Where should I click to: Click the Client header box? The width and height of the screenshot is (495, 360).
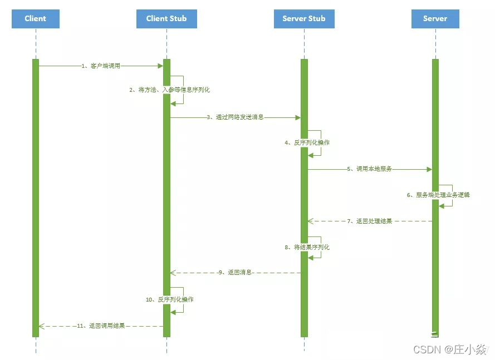(36, 19)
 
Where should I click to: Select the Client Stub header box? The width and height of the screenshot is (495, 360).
(166, 19)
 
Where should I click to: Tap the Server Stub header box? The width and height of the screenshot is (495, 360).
(304, 19)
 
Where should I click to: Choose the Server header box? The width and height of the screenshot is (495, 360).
(435, 19)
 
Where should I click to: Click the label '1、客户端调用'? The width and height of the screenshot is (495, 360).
(101, 66)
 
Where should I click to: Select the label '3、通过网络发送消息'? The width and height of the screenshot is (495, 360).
(235, 117)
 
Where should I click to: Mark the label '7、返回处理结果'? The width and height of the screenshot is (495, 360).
(370, 221)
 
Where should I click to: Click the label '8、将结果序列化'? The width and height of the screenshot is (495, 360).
(307, 247)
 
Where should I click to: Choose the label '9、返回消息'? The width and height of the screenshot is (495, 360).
(235, 273)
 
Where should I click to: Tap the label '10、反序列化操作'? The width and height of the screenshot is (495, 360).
(170, 299)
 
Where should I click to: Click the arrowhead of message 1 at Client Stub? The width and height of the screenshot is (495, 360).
(160, 66)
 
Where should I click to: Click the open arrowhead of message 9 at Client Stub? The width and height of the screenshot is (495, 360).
(173, 273)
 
